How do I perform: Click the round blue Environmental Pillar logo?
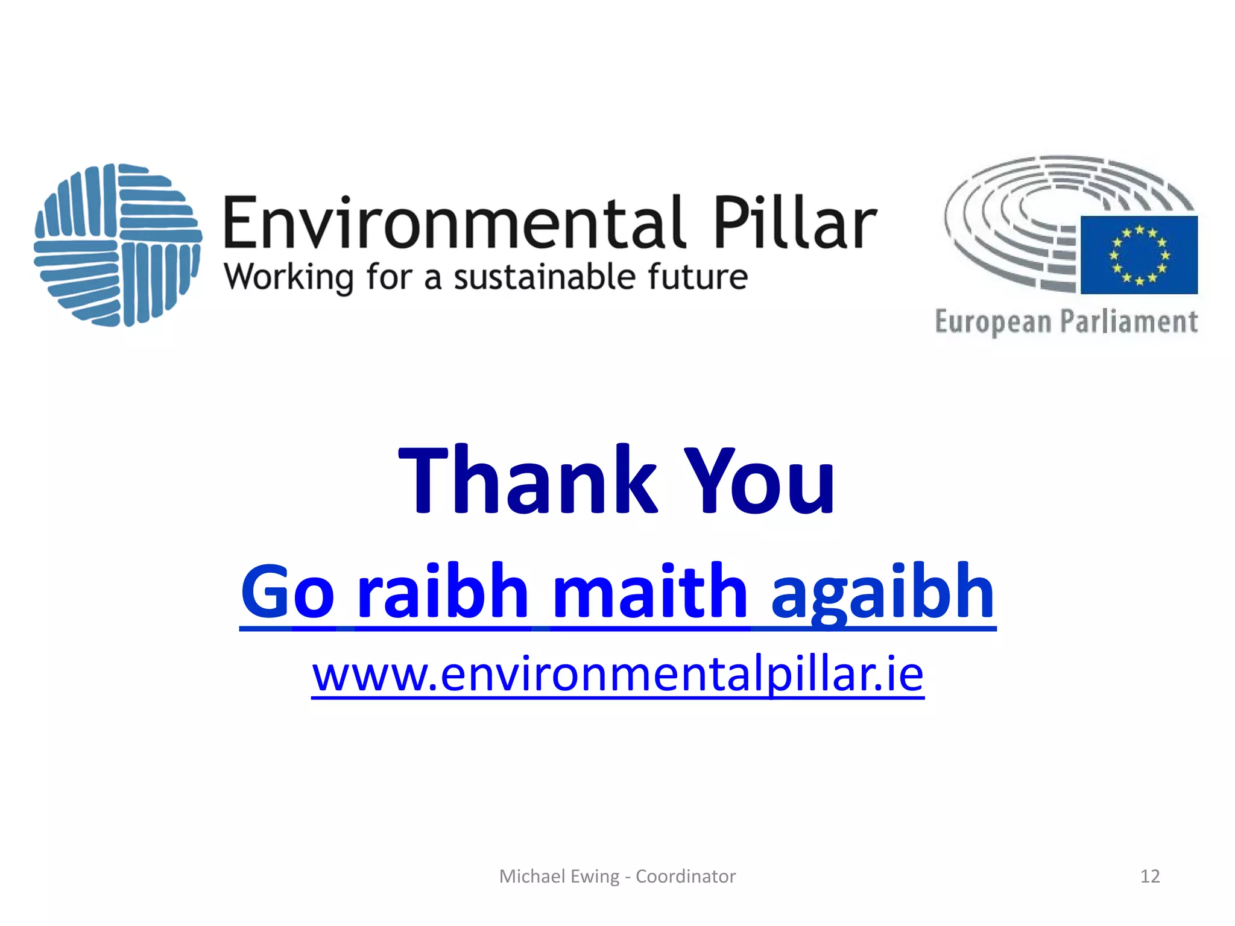[118, 245]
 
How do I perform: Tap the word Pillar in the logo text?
[795, 223]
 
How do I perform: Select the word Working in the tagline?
[288, 278]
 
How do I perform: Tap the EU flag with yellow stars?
[1139, 255]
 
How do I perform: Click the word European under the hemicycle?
[993, 322]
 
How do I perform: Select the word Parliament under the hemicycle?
[1129, 321]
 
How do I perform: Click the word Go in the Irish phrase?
[288, 592]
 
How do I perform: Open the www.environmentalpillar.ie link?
[617, 675]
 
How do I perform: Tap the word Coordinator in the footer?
[686, 876]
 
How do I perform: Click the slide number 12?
[1150, 876]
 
